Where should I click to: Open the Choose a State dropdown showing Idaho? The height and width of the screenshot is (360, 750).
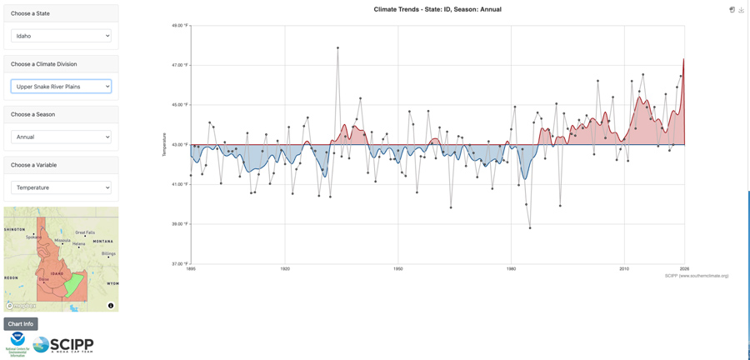[61, 36]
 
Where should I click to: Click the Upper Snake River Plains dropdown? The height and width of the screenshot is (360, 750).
[61, 87]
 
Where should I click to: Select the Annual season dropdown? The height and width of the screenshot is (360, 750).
[61, 137]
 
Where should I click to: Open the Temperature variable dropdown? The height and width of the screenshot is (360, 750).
[61, 187]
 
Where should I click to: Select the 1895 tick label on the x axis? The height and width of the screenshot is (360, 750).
[191, 269]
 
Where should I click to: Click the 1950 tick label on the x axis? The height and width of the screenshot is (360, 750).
[398, 269]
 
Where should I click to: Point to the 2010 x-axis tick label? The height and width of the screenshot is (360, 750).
[624, 269]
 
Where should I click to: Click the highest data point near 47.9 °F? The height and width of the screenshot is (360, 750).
[337, 47]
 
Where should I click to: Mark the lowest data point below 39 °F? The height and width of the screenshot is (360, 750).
[530, 227]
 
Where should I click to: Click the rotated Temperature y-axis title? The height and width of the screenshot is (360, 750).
[165, 145]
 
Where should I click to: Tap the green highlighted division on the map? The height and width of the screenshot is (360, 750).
[75, 285]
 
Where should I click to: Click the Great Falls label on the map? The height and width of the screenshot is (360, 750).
[86, 232]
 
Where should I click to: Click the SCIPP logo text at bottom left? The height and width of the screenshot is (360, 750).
[72, 344]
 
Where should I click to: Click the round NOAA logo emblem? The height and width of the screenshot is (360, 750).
[17, 340]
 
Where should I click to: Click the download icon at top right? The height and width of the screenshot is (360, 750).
[741, 10]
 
